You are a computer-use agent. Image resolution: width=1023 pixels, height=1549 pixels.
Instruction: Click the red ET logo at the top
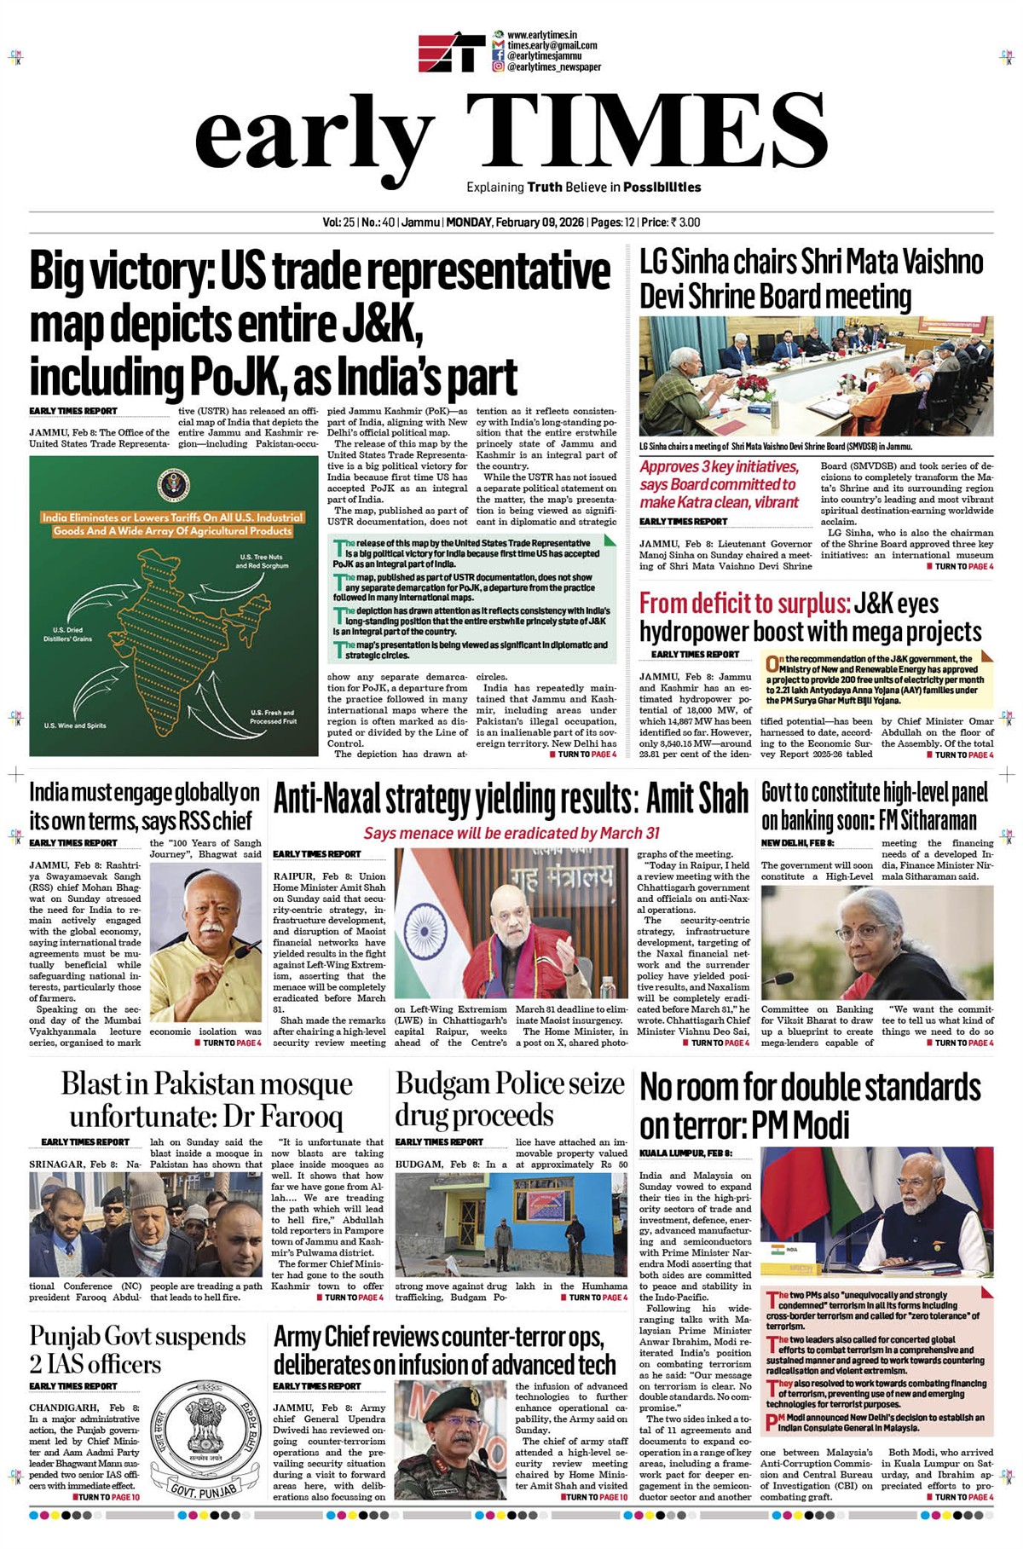pos(451,52)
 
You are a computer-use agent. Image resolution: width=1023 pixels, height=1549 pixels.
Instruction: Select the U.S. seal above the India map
pos(172,486)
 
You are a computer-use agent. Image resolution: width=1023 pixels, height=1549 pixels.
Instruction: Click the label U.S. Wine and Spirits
pos(75,725)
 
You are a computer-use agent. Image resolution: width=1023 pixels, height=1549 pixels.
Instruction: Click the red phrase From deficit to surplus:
pos(744,604)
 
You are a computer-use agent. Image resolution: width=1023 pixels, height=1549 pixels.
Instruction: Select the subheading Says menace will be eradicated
pos(511,833)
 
